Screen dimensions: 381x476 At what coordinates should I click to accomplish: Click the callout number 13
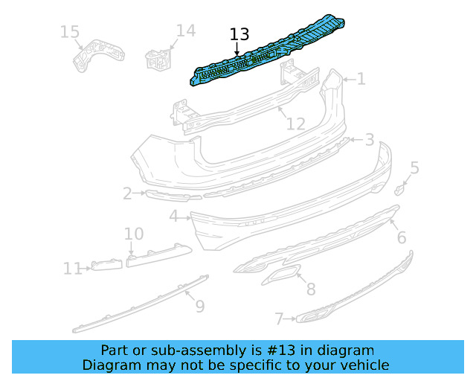click(239, 34)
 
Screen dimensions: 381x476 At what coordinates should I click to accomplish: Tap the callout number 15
click(69, 32)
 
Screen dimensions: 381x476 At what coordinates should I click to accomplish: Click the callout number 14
click(186, 31)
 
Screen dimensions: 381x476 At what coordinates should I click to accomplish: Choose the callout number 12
click(296, 124)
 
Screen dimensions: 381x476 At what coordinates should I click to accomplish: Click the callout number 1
click(361, 79)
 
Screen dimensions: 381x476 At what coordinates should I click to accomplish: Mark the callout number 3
click(369, 140)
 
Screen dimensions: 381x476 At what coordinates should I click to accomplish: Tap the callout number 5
click(414, 168)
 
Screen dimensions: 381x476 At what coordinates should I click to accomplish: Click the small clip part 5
click(399, 189)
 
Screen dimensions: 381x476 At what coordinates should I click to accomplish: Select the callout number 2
click(127, 194)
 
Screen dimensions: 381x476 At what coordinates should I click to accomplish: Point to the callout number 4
click(173, 217)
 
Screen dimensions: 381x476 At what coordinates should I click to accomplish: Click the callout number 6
click(402, 238)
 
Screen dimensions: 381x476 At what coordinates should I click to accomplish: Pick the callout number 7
click(279, 319)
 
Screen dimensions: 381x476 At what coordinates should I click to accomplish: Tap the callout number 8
click(310, 289)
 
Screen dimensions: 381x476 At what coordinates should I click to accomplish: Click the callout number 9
click(199, 306)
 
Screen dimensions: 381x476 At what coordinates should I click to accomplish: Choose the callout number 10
click(134, 234)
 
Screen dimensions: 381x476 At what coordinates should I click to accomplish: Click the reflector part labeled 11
click(106, 265)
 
